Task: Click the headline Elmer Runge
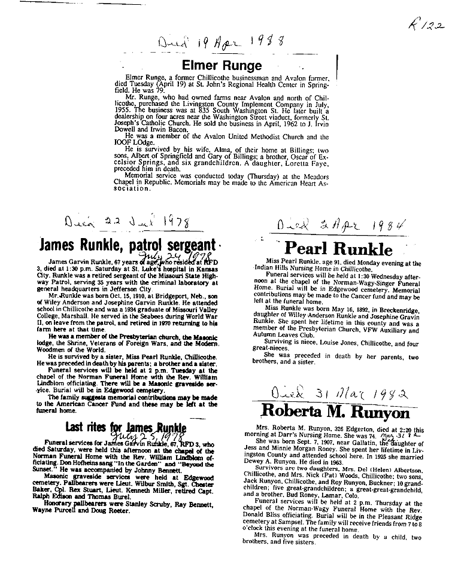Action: coord(222,65)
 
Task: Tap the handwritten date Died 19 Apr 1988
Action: coord(220,43)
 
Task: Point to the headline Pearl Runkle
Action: coord(338,248)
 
